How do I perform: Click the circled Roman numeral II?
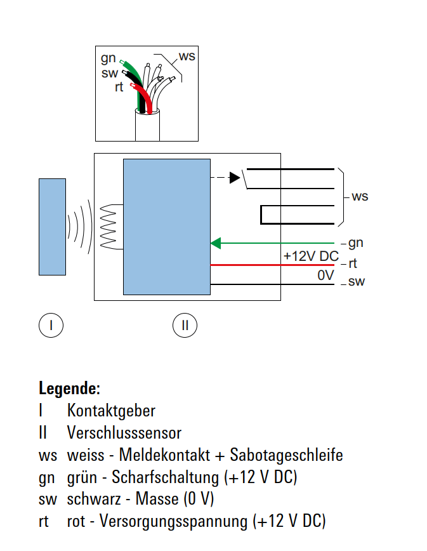[185, 325]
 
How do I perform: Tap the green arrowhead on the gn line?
[216, 242]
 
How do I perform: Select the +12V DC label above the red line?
[311, 256]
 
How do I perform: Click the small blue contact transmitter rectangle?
[52, 227]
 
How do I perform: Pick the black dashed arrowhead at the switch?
[235, 177]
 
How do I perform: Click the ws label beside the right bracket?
[360, 196]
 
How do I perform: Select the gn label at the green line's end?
[356, 243]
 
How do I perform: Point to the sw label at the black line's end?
[357, 282]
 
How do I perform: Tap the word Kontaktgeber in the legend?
[111, 411]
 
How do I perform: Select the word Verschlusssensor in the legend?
[124, 433]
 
